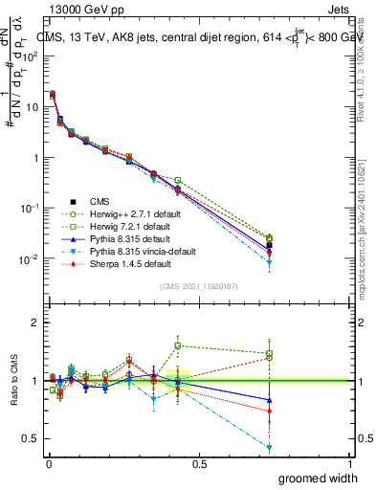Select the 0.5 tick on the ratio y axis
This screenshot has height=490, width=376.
30,438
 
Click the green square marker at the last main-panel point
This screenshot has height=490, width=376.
270,237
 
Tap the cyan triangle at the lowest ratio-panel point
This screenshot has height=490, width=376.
270,448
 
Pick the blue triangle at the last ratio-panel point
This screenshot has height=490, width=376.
270,400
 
